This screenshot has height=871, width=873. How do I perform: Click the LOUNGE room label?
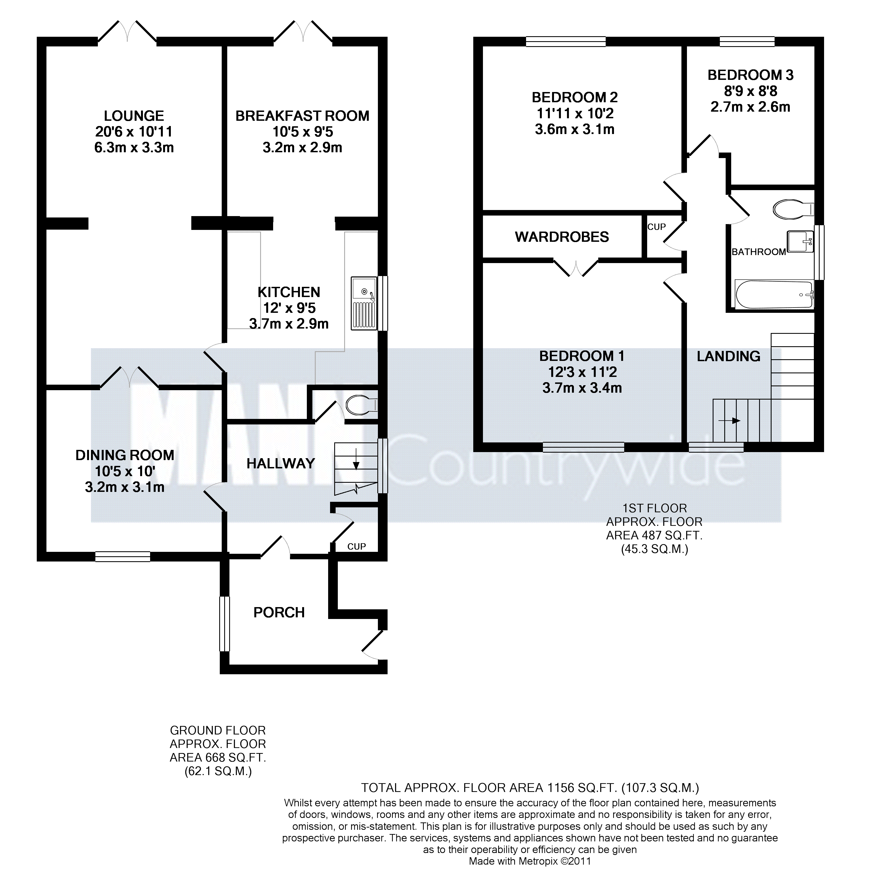(x=134, y=116)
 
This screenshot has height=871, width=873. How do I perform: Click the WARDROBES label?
(x=562, y=237)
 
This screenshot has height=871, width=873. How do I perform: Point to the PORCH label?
(x=279, y=613)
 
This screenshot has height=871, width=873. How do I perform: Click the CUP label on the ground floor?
(x=357, y=547)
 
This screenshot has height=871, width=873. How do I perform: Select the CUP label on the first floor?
(x=657, y=227)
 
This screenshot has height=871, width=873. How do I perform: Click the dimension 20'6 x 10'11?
(x=134, y=132)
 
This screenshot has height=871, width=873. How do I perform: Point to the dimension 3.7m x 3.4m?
(x=582, y=388)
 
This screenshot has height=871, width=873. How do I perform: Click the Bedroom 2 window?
(x=566, y=41)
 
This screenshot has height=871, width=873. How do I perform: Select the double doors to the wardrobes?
(x=576, y=267)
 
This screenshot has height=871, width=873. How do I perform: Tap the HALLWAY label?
(x=281, y=463)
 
